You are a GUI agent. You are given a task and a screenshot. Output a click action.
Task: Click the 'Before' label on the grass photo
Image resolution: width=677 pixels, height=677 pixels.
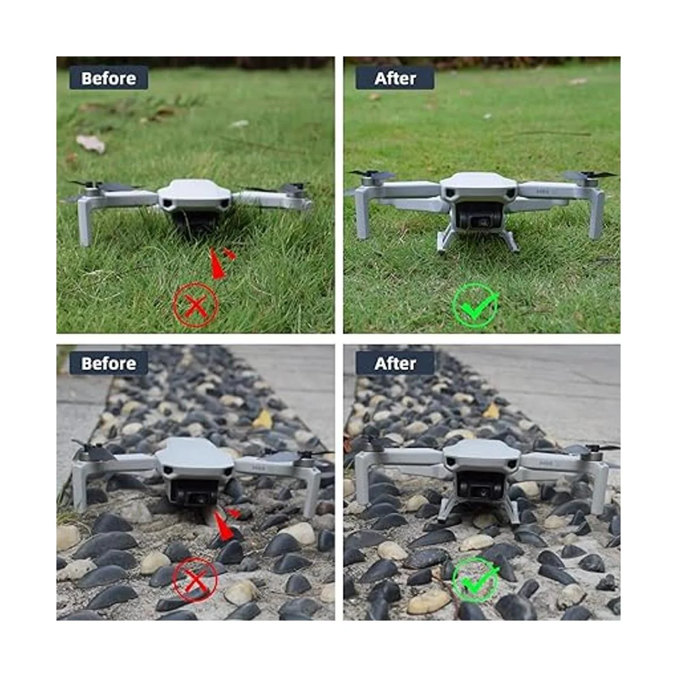[108, 78]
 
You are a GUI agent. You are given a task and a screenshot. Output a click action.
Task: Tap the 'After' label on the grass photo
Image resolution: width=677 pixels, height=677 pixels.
[395, 78]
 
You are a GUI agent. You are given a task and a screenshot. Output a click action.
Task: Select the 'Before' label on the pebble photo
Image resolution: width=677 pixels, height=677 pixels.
[108, 363]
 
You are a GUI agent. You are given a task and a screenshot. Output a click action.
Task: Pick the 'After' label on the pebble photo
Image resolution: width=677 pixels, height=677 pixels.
[395, 363]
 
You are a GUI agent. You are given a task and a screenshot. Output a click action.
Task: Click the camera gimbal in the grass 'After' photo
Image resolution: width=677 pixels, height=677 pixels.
[478, 217]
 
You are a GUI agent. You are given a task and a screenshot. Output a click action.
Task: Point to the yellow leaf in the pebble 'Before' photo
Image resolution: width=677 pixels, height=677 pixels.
[263, 420]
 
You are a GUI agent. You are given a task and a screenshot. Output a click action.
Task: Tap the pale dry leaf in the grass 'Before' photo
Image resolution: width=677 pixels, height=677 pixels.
[91, 143]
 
